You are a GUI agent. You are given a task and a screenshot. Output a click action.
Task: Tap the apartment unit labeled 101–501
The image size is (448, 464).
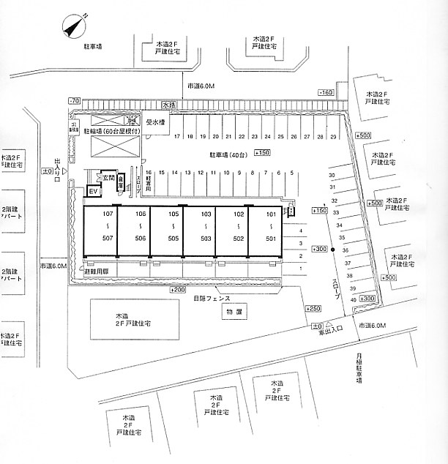(271, 227)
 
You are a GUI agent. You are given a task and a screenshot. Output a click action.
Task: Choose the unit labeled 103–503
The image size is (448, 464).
(206, 227)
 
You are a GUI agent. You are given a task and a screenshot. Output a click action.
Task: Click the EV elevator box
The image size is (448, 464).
(93, 192)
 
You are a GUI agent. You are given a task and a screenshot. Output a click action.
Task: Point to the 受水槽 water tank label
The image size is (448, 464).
(156, 122)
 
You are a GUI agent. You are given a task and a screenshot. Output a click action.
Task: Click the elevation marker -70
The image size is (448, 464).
(74, 100)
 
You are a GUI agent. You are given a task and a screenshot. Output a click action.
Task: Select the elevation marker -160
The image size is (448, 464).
(326, 92)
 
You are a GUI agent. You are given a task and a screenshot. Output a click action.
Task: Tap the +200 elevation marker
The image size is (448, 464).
(177, 290)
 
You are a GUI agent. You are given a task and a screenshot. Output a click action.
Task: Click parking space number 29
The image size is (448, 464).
(334, 136)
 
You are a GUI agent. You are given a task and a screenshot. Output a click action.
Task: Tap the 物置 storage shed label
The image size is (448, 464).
(234, 313)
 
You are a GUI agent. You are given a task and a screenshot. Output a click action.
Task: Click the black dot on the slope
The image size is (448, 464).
(333, 250)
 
